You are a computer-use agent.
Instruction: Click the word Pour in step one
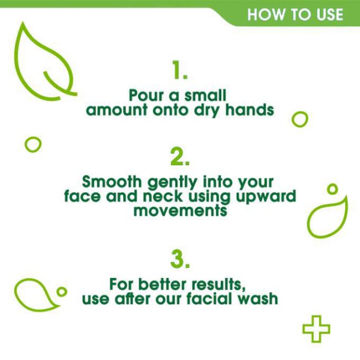pos(145,95)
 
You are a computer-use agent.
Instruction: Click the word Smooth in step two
pos(110,181)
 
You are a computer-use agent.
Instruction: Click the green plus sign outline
pos(317,329)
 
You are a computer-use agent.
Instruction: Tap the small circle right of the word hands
pos(299,119)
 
